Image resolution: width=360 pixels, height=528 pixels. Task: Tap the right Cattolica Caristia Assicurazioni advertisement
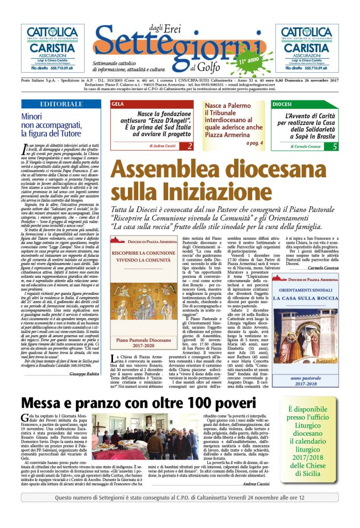pyautogui.click(x=307, y=48)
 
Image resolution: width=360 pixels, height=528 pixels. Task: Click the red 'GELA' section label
pyautogui.click(x=118, y=104)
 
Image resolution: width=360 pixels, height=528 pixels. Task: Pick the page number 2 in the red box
pyautogui.click(x=190, y=146)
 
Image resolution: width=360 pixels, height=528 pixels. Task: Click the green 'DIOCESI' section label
pyautogui.click(x=283, y=104)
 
